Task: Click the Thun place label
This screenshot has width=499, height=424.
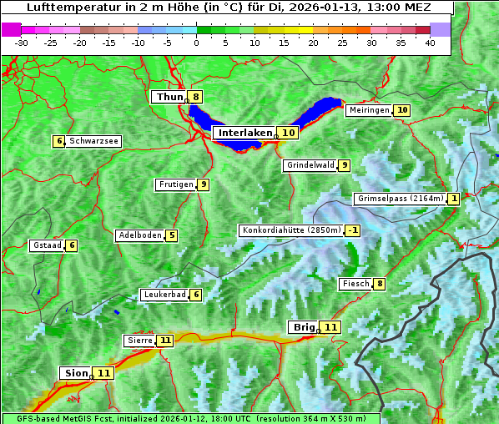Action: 169,97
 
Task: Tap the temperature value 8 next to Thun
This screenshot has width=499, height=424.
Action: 195,97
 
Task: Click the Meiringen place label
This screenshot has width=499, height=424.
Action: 368,110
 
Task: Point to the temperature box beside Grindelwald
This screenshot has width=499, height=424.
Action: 344,165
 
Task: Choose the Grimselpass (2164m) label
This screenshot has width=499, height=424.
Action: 399,199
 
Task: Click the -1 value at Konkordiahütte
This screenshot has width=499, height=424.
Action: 353,230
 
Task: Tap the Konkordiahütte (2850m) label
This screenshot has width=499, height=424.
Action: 290,230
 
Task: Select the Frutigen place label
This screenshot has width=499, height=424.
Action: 175,184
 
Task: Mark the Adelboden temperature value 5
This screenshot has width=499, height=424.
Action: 171,235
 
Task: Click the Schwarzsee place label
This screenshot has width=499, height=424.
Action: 93,141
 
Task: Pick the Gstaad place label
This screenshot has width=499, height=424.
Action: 46,245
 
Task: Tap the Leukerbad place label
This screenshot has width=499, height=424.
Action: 164,295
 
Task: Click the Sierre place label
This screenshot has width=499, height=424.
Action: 139,341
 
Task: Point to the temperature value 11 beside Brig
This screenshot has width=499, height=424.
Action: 331,327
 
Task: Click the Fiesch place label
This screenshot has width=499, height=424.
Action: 355,285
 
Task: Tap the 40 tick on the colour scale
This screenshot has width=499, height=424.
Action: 430,42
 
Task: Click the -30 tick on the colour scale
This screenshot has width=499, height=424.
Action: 22,42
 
